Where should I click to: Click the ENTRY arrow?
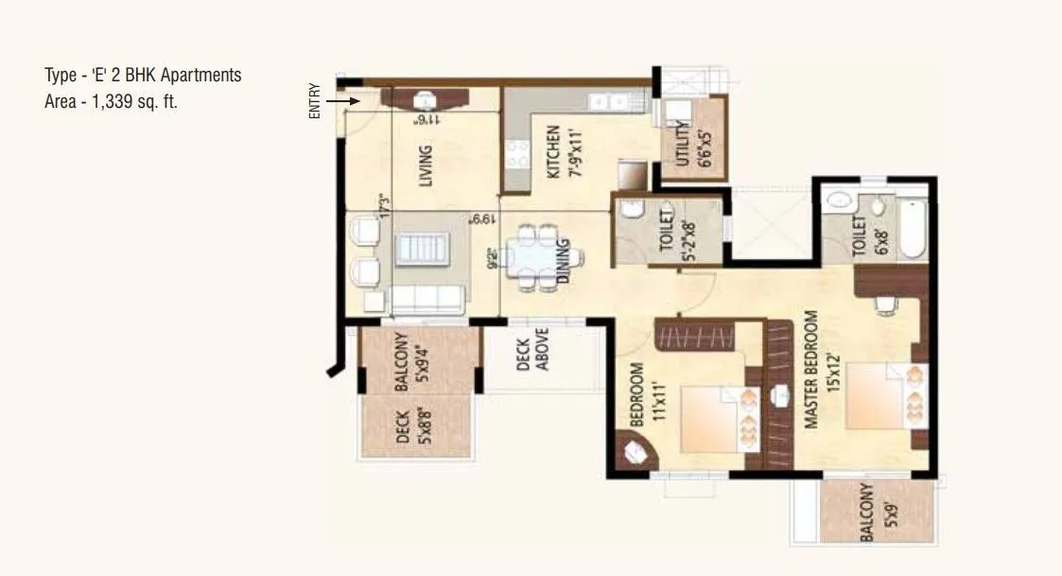pyautogui.click(x=341, y=99)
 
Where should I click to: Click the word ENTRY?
pyautogui.click(x=315, y=100)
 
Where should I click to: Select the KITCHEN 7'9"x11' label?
pyautogui.click(x=560, y=152)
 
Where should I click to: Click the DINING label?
pyautogui.click(x=564, y=260)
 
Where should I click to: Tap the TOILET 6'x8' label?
pyautogui.click(x=860, y=236)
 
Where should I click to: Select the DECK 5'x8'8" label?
pyautogui.click(x=413, y=425)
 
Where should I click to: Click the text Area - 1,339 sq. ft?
pyautogui.click(x=112, y=102)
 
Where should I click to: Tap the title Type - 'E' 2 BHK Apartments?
pyautogui.click(x=143, y=76)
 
